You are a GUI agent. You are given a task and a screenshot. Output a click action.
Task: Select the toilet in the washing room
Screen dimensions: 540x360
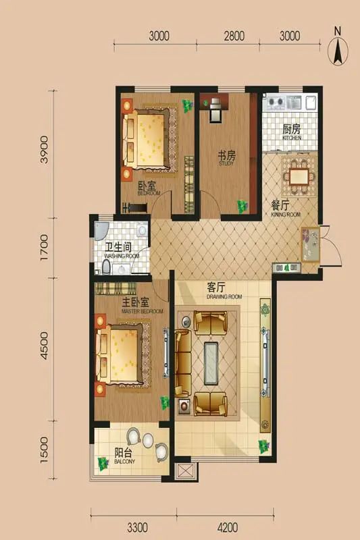click(x=107, y=267)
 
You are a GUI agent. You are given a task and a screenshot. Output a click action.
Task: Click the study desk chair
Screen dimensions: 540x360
click(x=215, y=114)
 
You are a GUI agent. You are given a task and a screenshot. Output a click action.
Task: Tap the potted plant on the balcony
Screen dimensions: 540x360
click(x=103, y=464)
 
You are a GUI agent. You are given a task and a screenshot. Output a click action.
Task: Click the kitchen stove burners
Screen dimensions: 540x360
click(x=274, y=103)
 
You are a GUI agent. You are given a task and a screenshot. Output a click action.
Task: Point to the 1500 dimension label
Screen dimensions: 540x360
click(x=45, y=448)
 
